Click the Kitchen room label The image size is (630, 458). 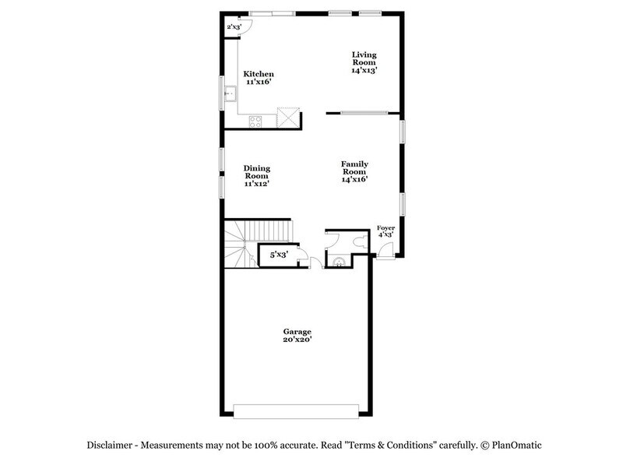(259, 77)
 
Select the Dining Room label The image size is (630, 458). (256, 176)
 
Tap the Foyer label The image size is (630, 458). (385, 231)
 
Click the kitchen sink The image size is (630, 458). (229, 95)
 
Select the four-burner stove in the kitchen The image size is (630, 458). (255, 120)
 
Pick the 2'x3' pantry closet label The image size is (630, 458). (233, 27)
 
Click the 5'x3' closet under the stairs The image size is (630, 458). (278, 255)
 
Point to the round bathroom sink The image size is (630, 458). (339, 262)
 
